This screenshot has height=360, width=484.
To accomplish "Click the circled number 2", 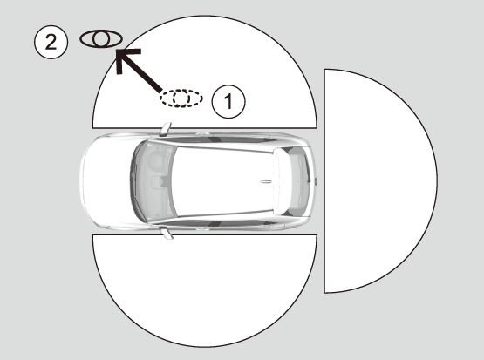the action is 51,42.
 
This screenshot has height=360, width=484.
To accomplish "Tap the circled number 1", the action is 228,101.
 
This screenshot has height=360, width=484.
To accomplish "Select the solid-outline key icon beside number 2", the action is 101,39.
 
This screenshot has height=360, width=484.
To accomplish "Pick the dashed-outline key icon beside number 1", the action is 181,98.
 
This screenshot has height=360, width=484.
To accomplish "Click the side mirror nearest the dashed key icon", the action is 166,129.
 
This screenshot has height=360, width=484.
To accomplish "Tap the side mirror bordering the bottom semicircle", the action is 167,233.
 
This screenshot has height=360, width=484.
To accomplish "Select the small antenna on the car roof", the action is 266,181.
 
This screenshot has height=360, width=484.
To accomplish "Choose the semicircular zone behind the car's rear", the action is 380,181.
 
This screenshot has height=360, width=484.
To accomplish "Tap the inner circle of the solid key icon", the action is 100,39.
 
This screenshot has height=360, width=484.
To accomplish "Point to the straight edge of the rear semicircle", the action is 324,181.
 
